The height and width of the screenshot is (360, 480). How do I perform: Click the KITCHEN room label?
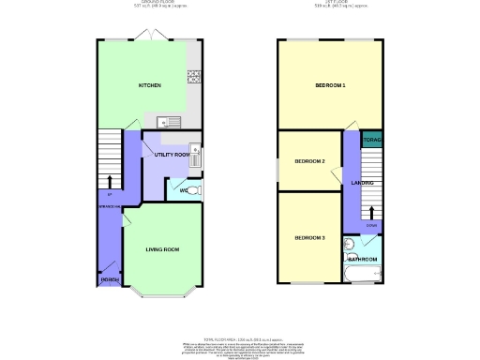click(150, 85)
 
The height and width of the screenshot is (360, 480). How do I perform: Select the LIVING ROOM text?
click(161, 249)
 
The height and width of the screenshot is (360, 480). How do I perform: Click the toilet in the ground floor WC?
click(191, 190)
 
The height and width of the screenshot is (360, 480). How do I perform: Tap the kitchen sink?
click(170, 120)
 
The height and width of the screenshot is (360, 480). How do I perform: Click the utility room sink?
click(195, 150)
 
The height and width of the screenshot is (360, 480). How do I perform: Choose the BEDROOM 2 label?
click(309, 161)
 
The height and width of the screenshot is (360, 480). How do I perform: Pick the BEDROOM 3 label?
click(309, 238)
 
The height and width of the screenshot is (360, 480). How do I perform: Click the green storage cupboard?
click(371, 143)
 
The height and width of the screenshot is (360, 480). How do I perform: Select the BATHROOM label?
click(363, 258)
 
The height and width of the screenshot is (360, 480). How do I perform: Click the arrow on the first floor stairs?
click(371, 211)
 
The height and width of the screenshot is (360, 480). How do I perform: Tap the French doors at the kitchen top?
click(150, 37)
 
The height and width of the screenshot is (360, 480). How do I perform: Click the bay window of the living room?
click(161, 296)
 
